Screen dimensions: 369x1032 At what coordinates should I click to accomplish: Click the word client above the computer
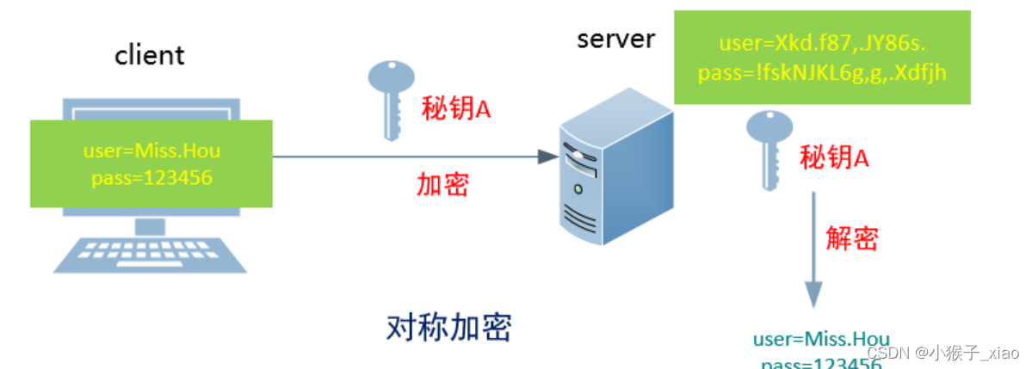coord(150,55)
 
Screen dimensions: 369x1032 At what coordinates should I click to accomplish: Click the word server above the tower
coord(615,39)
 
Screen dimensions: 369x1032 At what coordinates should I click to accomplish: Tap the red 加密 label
coord(442,183)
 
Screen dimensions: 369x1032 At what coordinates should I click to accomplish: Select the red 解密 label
coord(851,237)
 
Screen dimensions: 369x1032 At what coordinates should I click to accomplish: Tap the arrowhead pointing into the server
coord(547,157)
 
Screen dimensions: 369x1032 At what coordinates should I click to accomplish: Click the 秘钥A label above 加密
coord(455,109)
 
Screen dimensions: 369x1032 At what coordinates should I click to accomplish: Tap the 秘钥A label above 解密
coord(834,157)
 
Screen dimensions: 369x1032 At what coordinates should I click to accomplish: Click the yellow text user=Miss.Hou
coord(151,152)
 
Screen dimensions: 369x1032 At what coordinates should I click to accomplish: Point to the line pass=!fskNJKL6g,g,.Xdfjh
coord(822,72)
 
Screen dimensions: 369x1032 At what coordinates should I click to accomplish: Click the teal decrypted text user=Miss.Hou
coord(820,338)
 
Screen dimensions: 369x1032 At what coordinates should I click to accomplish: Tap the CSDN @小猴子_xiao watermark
coord(942,353)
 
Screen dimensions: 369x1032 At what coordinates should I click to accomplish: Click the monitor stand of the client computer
coord(151,225)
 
